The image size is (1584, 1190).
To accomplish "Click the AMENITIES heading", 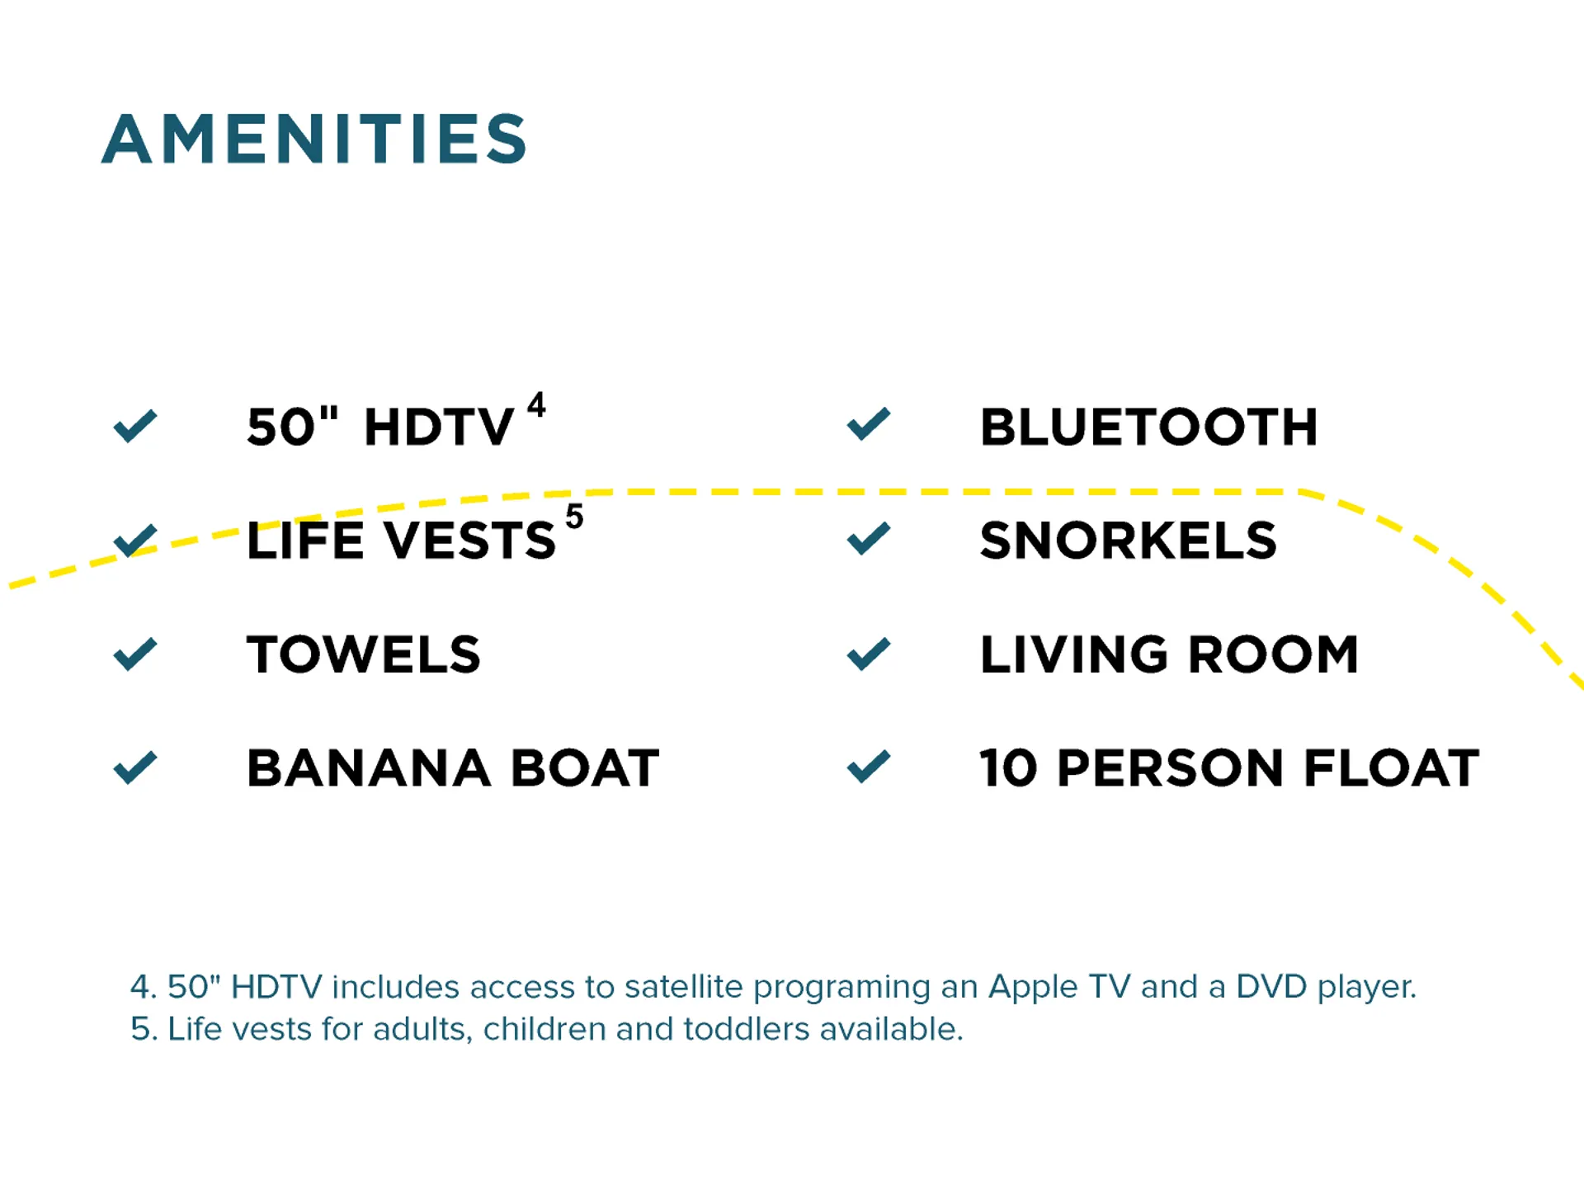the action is [x=314, y=139].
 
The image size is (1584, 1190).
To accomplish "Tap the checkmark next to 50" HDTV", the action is [x=135, y=426].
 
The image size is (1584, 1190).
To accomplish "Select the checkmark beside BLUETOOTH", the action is [x=869, y=424].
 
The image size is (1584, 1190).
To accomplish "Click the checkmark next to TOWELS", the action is [x=135, y=654].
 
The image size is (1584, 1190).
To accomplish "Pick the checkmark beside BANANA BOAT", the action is [x=135, y=767].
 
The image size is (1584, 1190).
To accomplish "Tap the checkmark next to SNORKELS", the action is [x=869, y=539].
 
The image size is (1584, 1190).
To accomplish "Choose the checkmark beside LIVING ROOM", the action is [x=869, y=654].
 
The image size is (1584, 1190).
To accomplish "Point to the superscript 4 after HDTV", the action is [x=536, y=404].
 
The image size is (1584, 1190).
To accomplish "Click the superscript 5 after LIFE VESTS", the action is [x=574, y=517].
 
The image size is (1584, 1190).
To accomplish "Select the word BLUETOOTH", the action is [x=1148, y=427].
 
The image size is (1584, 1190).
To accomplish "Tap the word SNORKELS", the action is [x=1129, y=541].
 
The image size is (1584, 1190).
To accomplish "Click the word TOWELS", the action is [x=364, y=655].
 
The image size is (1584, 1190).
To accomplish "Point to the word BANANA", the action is [x=369, y=768].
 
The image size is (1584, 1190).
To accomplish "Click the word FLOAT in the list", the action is [x=1392, y=768].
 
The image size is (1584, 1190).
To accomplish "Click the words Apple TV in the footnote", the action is [x=1059, y=987].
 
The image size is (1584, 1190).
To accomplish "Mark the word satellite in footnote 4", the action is [x=683, y=987].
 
